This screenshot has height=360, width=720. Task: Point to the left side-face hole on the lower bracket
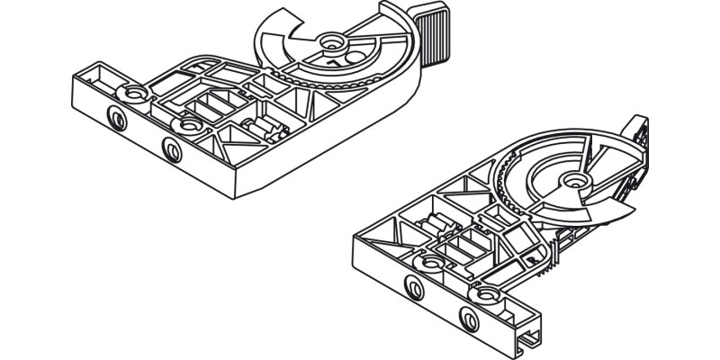pos(413,286)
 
